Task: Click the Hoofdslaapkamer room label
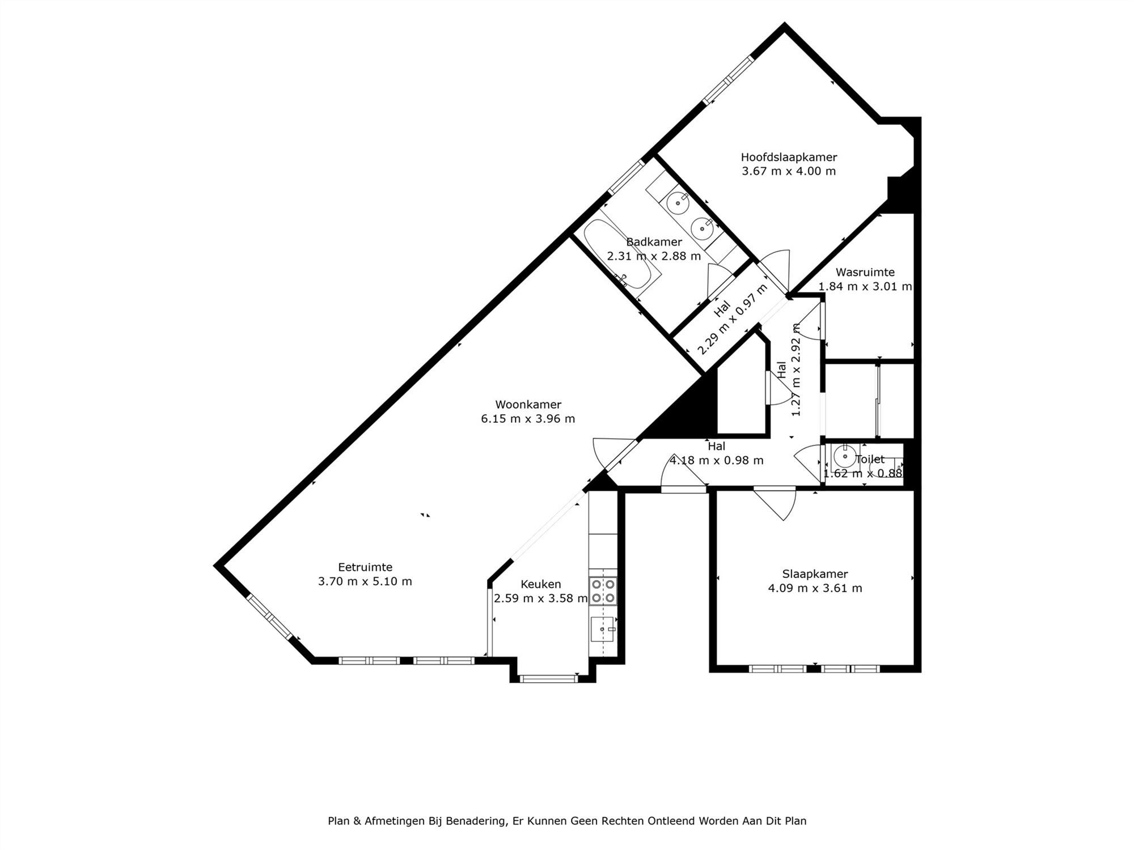click(789, 158)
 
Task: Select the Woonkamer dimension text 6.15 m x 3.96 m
click(528, 419)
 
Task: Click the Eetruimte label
click(365, 567)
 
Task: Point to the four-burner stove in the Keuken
click(602, 590)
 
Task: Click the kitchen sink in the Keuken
click(602, 630)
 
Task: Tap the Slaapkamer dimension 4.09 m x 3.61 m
click(815, 588)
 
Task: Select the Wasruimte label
click(865, 272)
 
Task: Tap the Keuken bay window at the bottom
click(548, 678)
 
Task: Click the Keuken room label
click(540, 584)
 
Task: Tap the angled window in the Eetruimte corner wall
click(270, 617)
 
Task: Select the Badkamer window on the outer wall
click(627, 177)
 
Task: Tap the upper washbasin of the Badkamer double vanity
click(677, 201)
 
